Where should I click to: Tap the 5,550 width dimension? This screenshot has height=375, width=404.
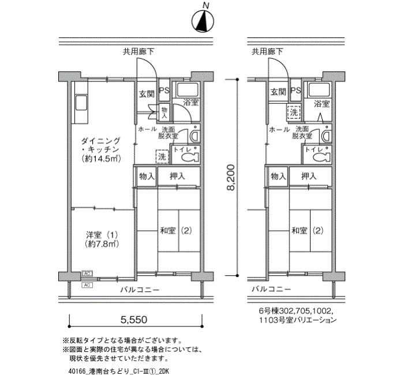tap(134, 320)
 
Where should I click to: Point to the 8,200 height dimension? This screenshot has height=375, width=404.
tap(231, 177)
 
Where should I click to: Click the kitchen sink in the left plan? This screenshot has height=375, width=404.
tap(81, 103)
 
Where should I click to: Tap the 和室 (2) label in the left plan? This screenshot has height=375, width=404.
tap(176, 230)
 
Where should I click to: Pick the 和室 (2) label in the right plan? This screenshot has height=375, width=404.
tap(307, 230)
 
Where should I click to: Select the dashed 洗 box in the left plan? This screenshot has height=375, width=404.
tap(162, 156)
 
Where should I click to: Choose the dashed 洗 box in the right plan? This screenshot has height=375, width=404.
tap(294, 112)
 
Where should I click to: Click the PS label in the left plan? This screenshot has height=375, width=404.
tap(164, 91)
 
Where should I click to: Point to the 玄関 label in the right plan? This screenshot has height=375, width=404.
tap(279, 92)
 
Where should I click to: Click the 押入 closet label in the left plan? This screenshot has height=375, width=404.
tap(178, 176)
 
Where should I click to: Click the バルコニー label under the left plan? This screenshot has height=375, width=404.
tap(140, 290)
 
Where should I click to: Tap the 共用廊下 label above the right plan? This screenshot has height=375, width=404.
tap(267, 52)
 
